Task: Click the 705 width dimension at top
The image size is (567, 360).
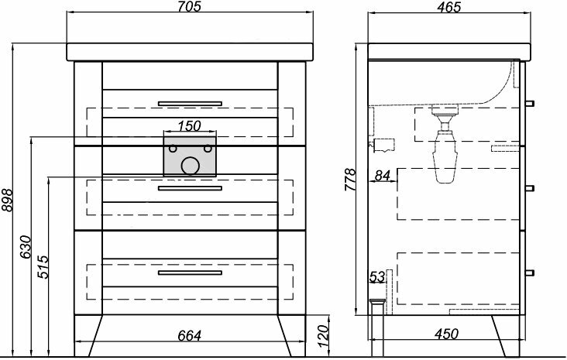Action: point(188,8)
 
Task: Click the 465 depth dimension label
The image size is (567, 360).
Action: point(447,8)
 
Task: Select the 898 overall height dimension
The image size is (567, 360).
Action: point(8,201)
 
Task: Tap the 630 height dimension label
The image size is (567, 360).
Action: point(25,246)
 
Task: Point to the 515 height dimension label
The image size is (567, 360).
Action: point(43,268)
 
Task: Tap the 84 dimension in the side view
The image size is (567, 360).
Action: point(382,176)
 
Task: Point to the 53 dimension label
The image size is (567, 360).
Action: point(377,276)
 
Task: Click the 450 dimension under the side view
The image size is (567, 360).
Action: point(445,334)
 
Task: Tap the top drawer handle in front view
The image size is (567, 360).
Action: point(190,103)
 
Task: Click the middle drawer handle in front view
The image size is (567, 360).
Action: point(190,188)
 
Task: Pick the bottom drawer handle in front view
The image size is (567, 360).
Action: point(190,273)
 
